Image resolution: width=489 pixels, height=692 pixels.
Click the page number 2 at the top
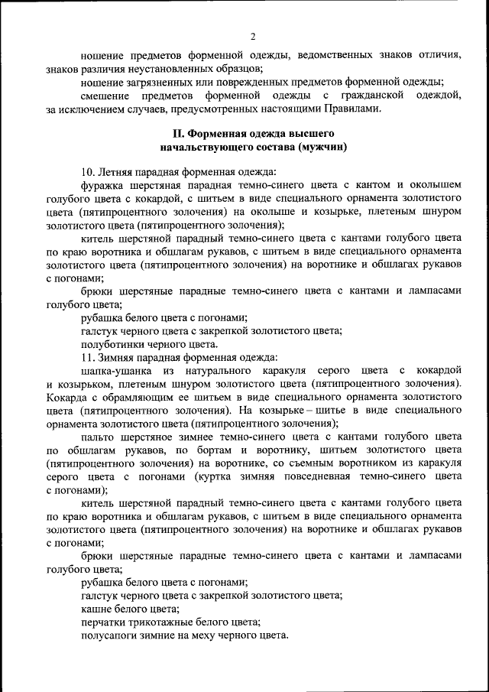(253, 36)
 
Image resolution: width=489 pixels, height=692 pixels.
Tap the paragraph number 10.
(87, 173)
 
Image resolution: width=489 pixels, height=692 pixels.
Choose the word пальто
(98, 437)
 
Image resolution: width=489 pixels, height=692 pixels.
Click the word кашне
(96, 609)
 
